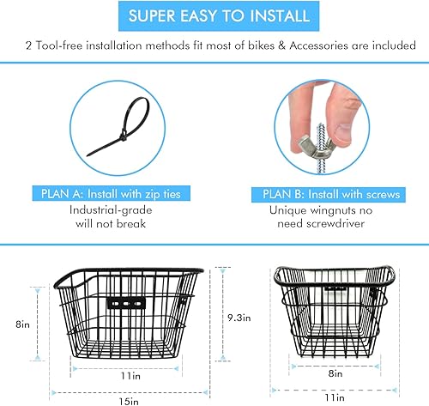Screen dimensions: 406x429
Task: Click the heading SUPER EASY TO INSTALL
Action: pyautogui.click(x=214, y=16)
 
